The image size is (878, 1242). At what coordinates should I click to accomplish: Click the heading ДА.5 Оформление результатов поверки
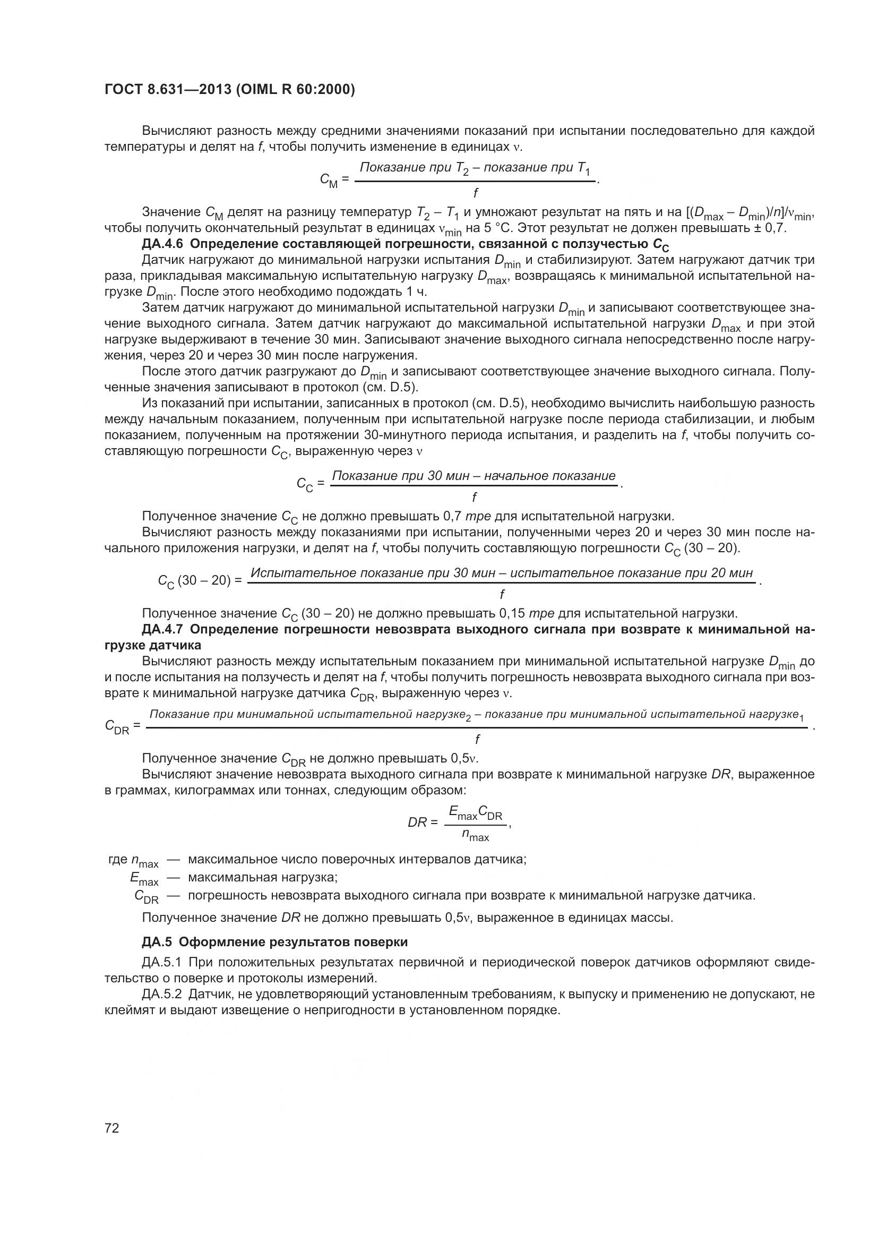pos(274,942)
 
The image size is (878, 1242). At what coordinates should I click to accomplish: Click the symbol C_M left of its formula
pos(329,181)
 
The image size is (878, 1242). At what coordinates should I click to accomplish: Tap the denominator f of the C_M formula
pos(475,193)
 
